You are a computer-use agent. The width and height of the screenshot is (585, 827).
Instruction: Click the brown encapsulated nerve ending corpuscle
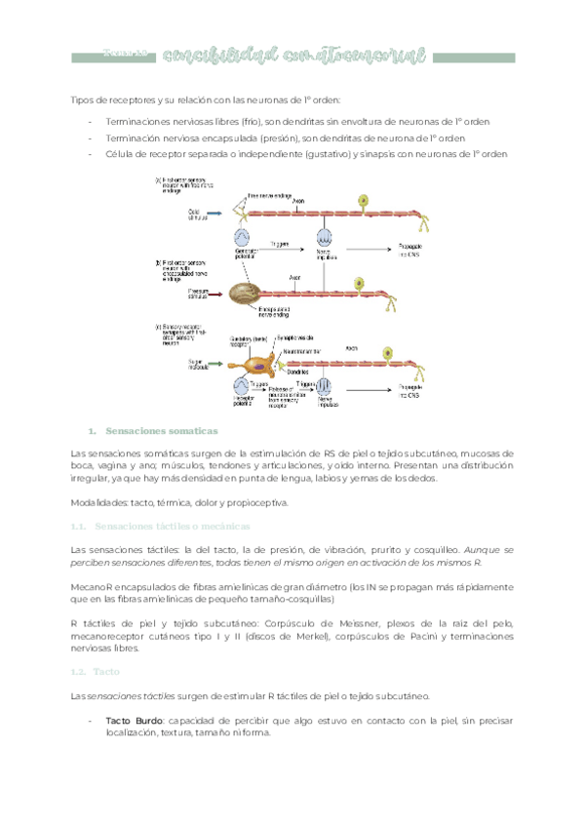click(x=247, y=290)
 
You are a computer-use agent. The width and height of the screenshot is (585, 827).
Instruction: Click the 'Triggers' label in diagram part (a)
click(x=281, y=243)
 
